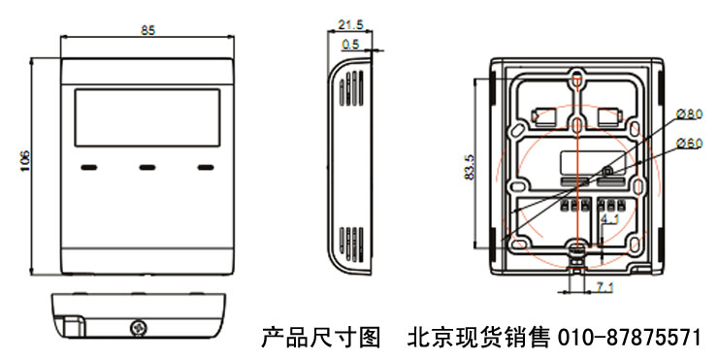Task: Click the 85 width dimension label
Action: coord(147,30)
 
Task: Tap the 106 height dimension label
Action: coord(24,161)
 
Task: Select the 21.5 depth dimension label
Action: coord(351,24)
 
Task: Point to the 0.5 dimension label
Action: coord(351,45)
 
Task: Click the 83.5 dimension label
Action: coord(469,167)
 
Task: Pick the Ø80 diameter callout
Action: coord(689,114)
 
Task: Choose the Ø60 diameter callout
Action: coord(689,144)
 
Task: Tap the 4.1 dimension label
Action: coord(609,219)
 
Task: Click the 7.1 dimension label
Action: coord(604,287)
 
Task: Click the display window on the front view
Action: coord(147,117)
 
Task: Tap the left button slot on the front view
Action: coord(89,168)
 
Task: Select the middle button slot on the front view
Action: coord(147,168)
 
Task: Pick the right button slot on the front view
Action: coord(206,168)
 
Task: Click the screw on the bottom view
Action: coord(138,327)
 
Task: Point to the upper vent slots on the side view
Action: coord(351,88)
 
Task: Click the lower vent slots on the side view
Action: coord(351,245)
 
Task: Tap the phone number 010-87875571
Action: coord(629,338)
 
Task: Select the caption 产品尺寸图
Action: coord(320,338)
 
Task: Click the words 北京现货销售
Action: coord(479,338)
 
